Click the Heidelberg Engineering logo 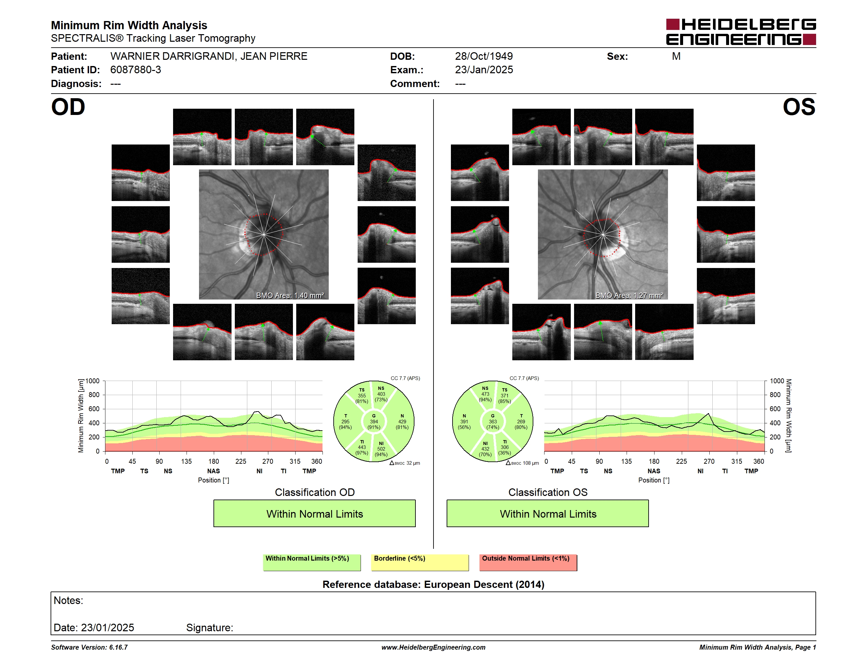pos(741,32)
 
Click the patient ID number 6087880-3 pos(136,70)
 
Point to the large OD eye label pos(68,107)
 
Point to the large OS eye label pos(799,107)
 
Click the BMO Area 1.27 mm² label pos(629,295)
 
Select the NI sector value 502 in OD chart pos(381,449)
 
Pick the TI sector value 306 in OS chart pos(504,447)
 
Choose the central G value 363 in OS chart pos(493,421)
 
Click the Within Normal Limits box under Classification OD pos(314,514)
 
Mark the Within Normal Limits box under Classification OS pos(548,514)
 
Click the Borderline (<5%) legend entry pos(420,562)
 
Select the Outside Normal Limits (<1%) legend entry pos(528,562)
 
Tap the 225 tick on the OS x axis pos(681,461)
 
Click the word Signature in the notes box pos(209,628)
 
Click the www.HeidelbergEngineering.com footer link pos(433,647)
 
